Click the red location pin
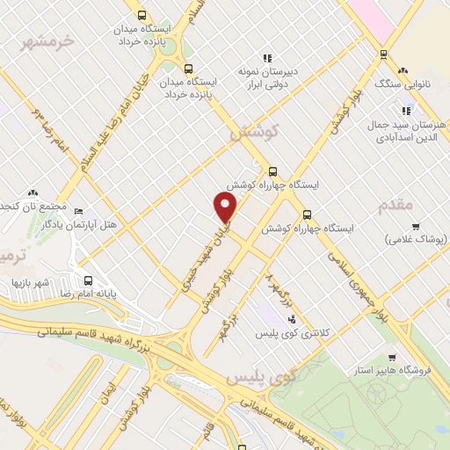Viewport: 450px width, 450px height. (x=227, y=207)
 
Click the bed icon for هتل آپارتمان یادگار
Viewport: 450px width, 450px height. (x=78, y=212)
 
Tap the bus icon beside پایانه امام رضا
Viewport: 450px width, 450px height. (x=87, y=281)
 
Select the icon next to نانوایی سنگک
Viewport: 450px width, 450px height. (x=403, y=70)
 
